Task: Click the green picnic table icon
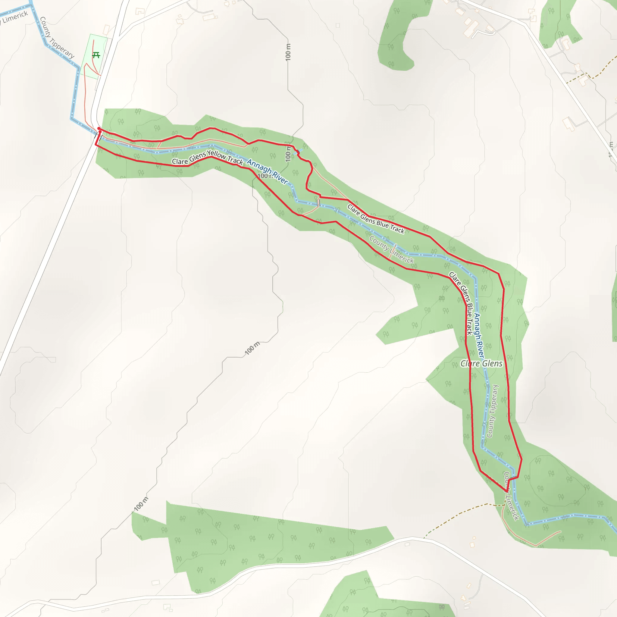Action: click(x=96, y=55)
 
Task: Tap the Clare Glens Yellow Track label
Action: click(x=207, y=158)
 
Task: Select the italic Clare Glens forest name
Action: click(x=481, y=363)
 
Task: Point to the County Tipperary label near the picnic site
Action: click(x=57, y=38)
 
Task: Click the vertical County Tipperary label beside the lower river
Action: click(x=493, y=411)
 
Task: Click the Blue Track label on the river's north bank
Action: click(x=376, y=219)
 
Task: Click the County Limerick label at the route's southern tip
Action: click(x=512, y=496)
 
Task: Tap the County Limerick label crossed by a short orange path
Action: click(x=392, y=249)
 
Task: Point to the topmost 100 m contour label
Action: click(x=288, y=52)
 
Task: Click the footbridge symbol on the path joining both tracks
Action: click(x=318, y=203)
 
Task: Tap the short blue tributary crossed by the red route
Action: click(x=299, y=151)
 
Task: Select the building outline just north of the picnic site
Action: click(x=106, y=30)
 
